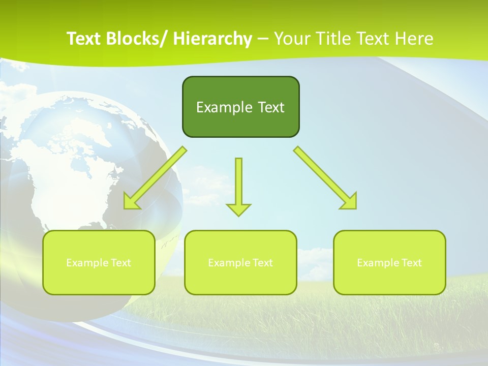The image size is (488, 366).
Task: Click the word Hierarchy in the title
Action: coord(212,39)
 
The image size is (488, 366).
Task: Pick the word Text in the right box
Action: coord(412,263)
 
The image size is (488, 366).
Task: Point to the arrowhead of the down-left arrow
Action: coord(132,201)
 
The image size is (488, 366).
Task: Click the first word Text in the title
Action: coord(84,39)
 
